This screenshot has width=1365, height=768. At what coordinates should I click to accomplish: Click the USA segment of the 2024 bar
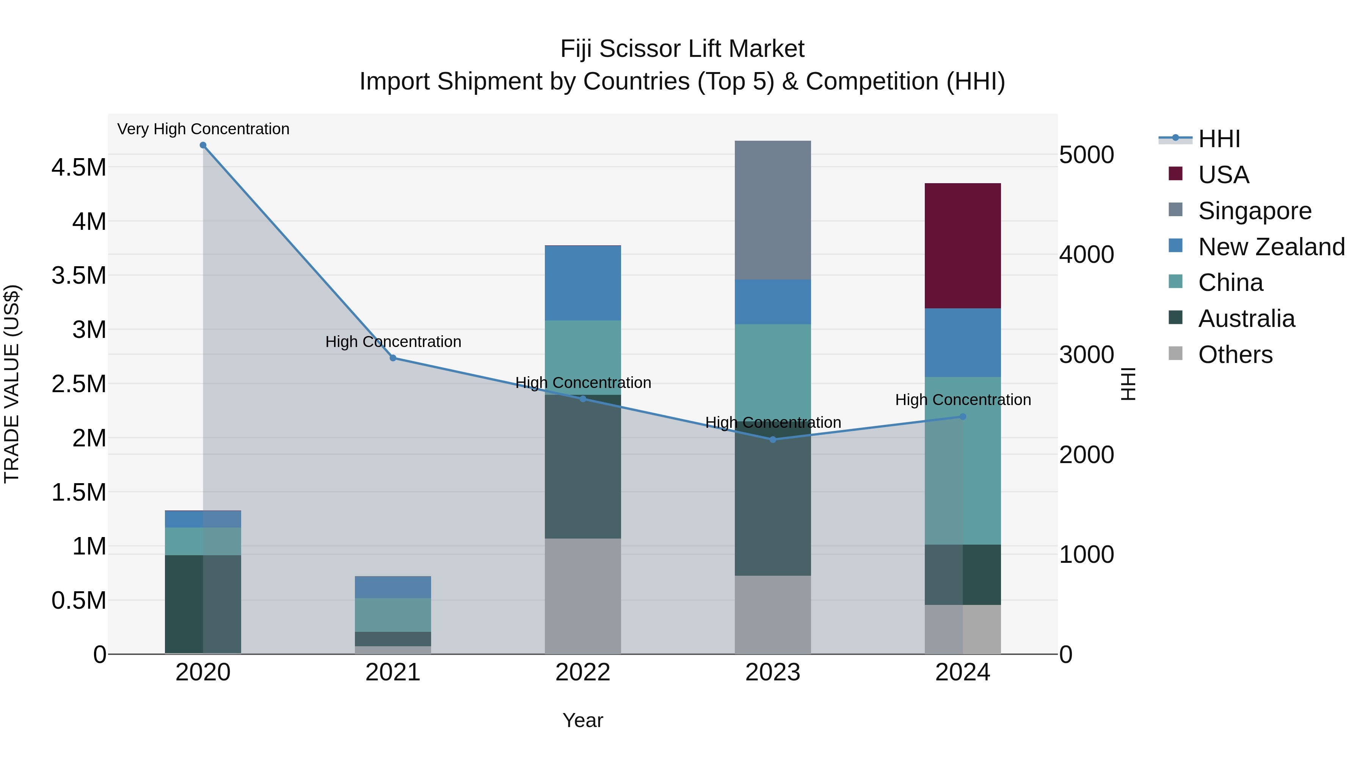pyautogui.click(x=962, y=245)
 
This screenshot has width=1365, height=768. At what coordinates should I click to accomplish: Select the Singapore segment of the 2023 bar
pyautogui.click(x=773, y=210)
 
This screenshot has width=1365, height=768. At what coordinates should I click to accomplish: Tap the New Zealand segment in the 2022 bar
pyautogui.click(x=583, y=283)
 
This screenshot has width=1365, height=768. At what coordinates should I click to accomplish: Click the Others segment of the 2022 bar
pyautogui.click(x=583, y=596)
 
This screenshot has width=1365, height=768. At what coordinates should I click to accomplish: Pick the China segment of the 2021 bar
pyautogui.click(x=393, y=615)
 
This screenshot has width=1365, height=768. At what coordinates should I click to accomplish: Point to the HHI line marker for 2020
pyautogui.click(x=203, y=145)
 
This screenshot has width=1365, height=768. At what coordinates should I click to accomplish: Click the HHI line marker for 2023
pyautogui.click(x=773, y=440)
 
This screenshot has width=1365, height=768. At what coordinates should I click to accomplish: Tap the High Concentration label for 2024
pyautogui.click(x=963, y=400)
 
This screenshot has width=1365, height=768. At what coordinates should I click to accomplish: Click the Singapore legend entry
pyautogui.click(x=1254, y=211)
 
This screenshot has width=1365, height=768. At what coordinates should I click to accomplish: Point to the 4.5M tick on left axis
pyautogui.click(x=78, y=168)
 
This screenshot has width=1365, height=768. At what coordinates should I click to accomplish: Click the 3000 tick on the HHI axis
pyautogui.click(x=1086, y=355)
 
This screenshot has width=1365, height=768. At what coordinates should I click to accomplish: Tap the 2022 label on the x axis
pyautogui.click(x=583, y=672)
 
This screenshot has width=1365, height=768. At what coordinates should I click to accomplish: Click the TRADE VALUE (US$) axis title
pyautogui.click(x=12, y=384)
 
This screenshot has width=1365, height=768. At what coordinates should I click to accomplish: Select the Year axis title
pyautogui.click(x=583, y=720)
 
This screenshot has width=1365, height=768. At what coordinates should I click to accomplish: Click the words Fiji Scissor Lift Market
pyautogui.click(x=682, y=49)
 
